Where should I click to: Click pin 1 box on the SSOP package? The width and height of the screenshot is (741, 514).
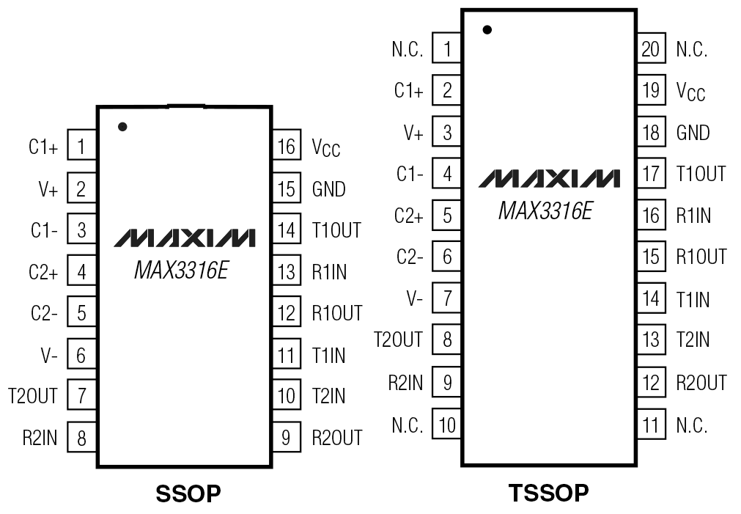pos(81,147)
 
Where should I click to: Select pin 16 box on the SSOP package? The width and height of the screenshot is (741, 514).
pos(287,147)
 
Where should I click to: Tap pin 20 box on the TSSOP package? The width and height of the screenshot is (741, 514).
pos(649,49)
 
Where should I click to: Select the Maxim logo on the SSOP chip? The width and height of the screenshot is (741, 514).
pos(185,238)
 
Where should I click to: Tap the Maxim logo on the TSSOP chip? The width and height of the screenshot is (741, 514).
pos(549,178)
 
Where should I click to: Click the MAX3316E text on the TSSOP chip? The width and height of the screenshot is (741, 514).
pos(545,211)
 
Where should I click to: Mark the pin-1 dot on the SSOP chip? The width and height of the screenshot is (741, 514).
pos(122,127)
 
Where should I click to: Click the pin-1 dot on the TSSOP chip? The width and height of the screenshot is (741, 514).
pos(487,30)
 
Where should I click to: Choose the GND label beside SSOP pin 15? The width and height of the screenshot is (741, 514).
pos(328,189)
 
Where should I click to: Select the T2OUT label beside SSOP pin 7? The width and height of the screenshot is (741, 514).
pos(32,397)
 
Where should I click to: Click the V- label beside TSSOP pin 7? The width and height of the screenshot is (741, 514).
pos(414,300)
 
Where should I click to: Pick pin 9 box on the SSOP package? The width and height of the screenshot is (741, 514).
pos(287,438)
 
